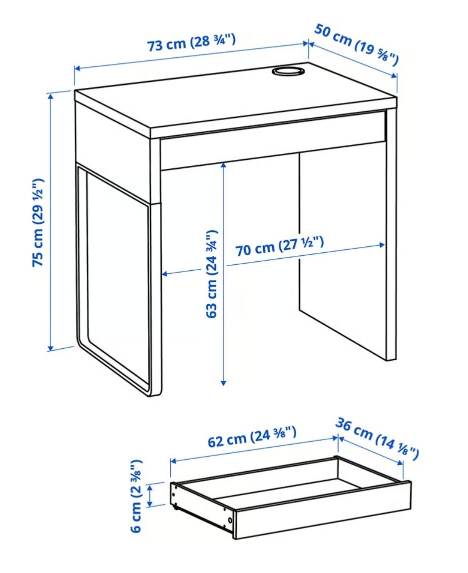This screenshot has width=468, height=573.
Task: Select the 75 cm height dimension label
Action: [x=38, y=222]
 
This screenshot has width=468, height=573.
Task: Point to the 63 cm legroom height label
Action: [x=212, y=274]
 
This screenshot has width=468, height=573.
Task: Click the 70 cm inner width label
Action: [x=280, y=246]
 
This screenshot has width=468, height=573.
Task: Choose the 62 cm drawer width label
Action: [x=252, y=437]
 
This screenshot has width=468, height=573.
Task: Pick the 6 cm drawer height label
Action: [x=135, y=496]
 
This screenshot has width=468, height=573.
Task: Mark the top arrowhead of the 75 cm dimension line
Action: [x=50, y=96]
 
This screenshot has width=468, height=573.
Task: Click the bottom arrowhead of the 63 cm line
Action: [x=224, y=383]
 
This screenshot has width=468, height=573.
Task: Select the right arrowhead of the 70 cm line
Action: [x=382, y=245]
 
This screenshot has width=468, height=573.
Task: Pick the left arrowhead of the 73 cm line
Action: [x=77, y=68]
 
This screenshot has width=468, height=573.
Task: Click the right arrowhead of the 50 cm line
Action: [x=394, y=75]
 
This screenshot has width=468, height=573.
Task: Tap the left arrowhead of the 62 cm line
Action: [x=173, y=461]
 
